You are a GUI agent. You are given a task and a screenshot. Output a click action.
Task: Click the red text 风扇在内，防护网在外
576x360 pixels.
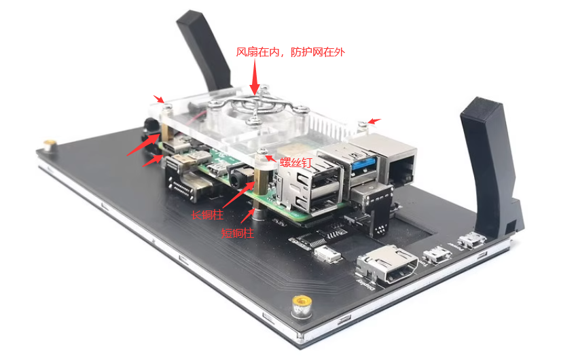(290, 52)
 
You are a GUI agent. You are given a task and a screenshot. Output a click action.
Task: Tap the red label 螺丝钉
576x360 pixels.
(295, 162)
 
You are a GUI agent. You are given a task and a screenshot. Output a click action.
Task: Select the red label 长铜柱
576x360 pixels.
(207, 215)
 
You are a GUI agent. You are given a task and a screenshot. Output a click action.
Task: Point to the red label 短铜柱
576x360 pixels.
(237, 233)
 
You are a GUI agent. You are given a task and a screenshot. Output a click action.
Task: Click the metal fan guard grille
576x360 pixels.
(258, 105)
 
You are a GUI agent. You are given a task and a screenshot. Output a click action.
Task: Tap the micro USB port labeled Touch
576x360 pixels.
(437, 255)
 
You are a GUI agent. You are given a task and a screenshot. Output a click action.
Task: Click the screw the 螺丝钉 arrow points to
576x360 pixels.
(263, 151)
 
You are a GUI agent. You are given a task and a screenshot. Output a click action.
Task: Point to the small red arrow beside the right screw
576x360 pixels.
(375, 121)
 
